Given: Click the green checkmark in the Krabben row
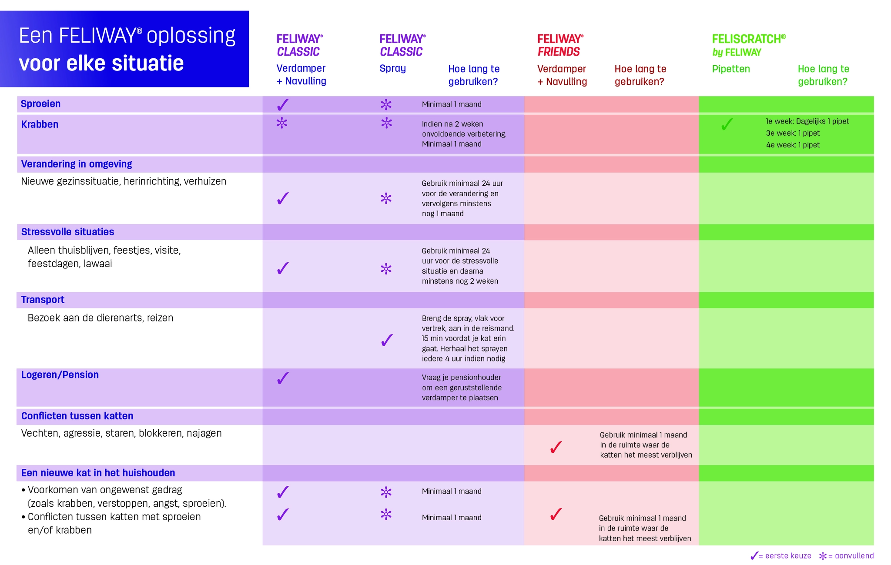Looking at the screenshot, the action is coord(727,124).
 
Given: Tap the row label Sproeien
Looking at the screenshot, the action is coord(40,104).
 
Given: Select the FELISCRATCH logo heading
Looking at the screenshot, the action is coord(749,45).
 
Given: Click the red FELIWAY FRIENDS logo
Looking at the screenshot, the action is coord(560,45).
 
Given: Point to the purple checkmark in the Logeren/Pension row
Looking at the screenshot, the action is coord(283,378).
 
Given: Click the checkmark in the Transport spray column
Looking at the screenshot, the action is coord(386,340).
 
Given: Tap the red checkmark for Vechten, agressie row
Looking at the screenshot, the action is coord(556,447).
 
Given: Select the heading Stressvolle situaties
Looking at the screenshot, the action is coord(67,232).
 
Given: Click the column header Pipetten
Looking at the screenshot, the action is coord(731,69).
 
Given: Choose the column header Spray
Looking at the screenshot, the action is coord(392,69).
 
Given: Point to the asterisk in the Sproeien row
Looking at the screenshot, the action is coord(386,104).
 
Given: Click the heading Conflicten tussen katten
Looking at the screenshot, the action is coord(77,416).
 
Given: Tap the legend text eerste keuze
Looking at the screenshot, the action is coord(788,556).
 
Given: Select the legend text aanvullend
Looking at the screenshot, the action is coord(854,556).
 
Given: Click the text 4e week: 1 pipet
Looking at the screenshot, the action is coord(793,145).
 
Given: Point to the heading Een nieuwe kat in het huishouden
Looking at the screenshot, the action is coord(98,473).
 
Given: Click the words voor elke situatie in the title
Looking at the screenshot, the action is coord(101,64).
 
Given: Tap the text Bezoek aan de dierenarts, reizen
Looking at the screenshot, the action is coord(100,318).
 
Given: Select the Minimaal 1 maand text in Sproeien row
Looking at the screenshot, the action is coord(452,104).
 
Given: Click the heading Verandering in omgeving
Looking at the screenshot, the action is coord(77,164).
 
